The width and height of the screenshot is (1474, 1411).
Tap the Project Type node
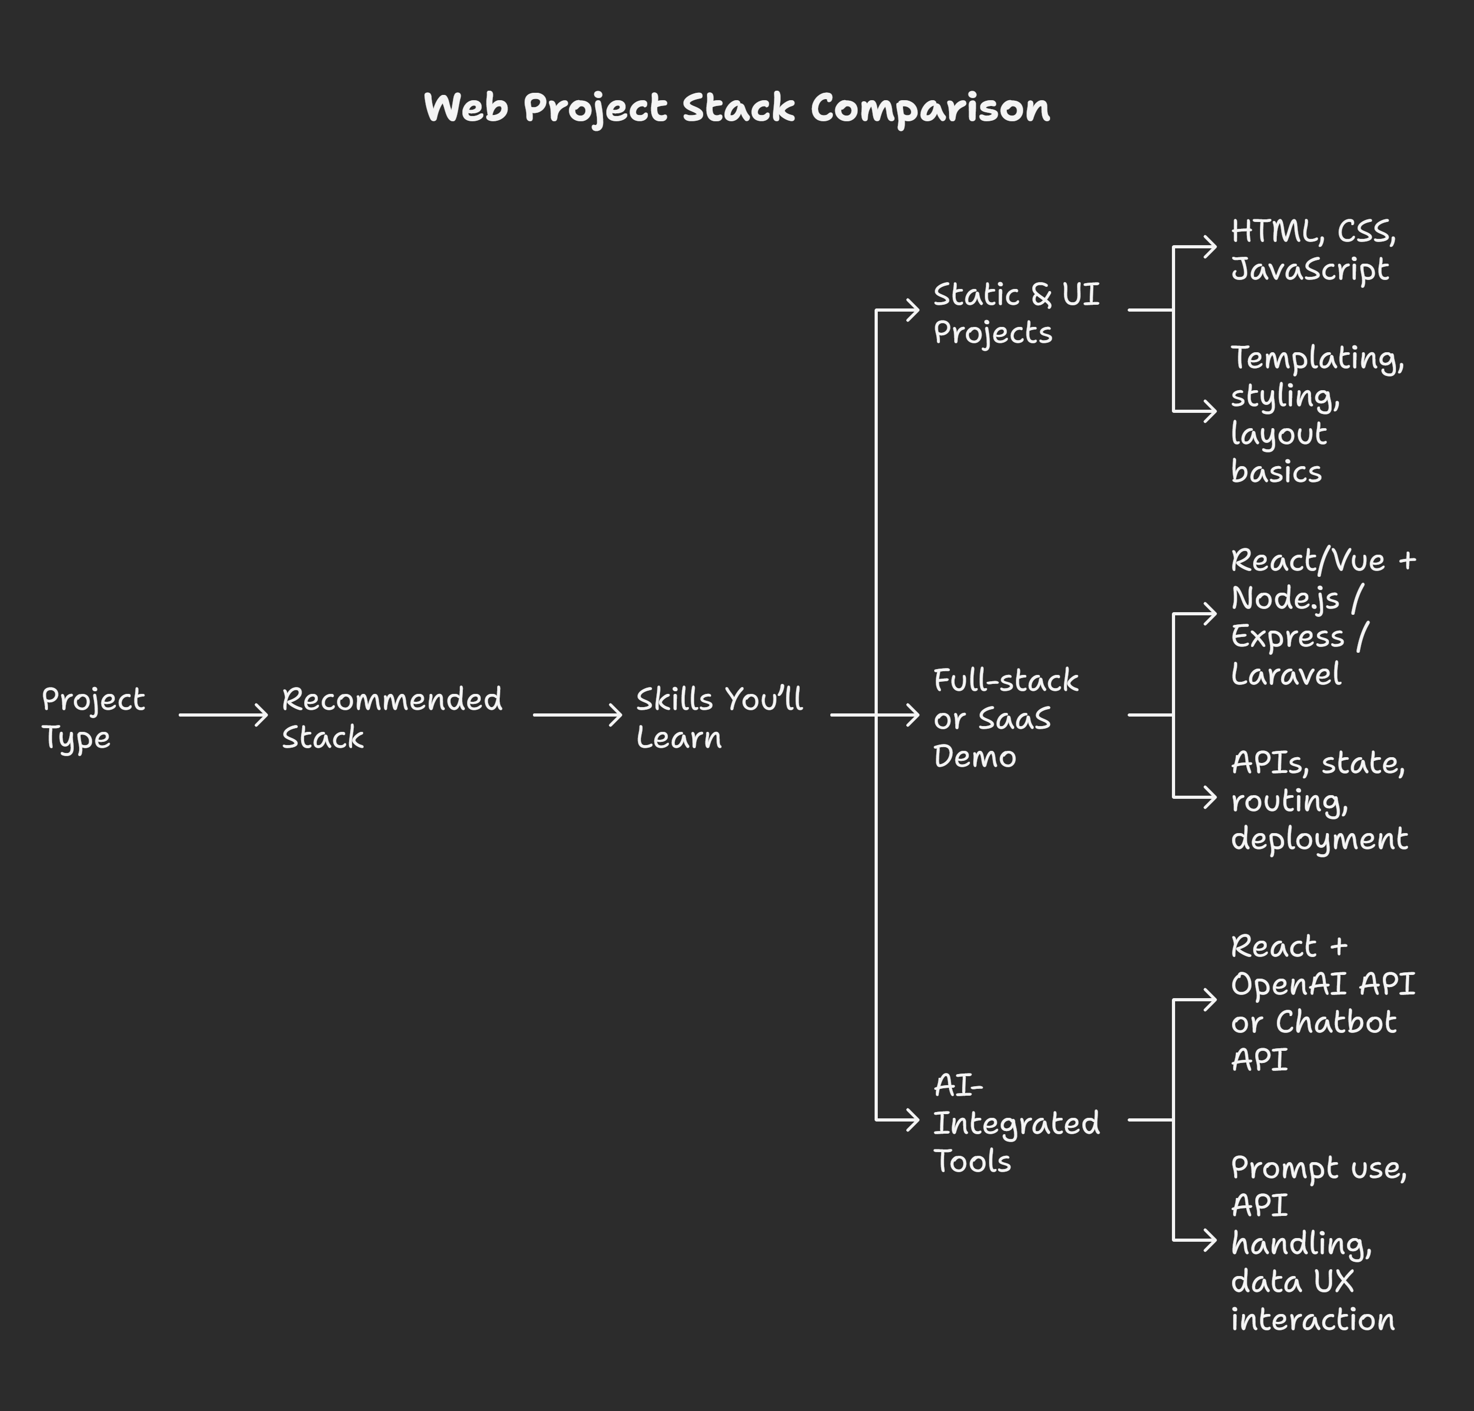[x=93, y=718]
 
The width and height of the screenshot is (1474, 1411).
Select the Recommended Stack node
[x=392, y=718]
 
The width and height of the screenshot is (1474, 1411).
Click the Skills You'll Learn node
[x=720, y=718]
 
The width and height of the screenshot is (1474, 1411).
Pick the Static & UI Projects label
[x=1016, y=313]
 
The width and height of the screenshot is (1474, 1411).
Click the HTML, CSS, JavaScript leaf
[x=1313, y=250]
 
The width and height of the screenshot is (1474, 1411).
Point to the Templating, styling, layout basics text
[x=1317, y=414]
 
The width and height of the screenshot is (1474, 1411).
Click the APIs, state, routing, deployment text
[x=1319, y=800]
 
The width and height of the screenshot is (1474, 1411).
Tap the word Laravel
[x=1286, y=674]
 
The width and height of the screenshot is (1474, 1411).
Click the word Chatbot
[x=1336, y=1022]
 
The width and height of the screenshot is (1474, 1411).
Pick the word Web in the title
[x=466, y=108]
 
